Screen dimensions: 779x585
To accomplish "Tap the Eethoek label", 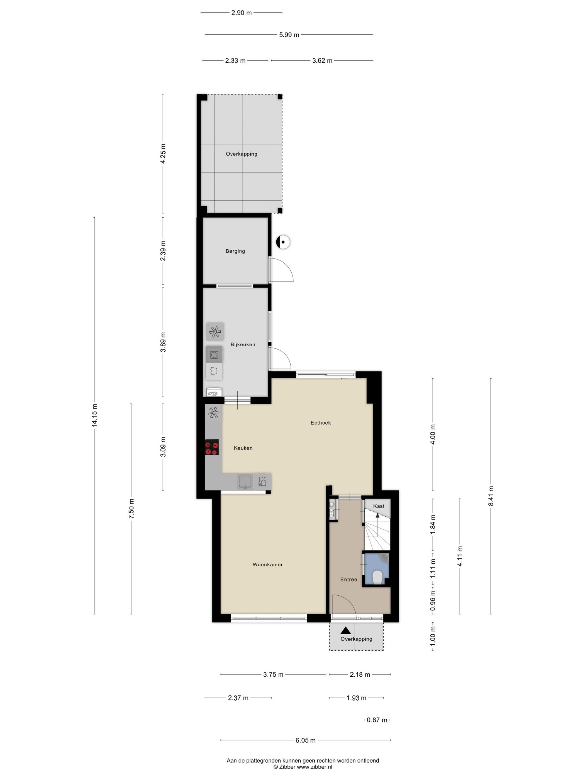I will [x=321, y=423].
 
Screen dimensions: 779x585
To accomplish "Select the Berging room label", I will [x=235, y=251].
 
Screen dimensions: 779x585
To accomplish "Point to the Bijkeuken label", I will [x=243, y=344].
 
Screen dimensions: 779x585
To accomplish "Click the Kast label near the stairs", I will [x=379, y=506].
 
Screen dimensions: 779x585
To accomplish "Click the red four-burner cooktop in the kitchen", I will [x=212, y=447].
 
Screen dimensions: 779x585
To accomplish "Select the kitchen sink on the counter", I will [x=245, y=481].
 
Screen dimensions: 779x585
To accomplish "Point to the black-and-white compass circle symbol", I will [x=283, y=242].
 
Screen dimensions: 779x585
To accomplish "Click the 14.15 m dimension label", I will [x=94, y=416].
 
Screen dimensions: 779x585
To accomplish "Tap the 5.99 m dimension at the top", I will [x=289, y=35].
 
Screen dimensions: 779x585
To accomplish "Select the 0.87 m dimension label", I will [x=377, y=720].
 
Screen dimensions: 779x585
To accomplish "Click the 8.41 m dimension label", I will [x=491, y=496].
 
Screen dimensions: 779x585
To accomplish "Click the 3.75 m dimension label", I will [x=273, y=675].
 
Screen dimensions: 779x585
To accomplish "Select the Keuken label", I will [x=243, y=448].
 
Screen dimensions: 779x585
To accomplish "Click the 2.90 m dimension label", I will [x=241, y=13].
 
